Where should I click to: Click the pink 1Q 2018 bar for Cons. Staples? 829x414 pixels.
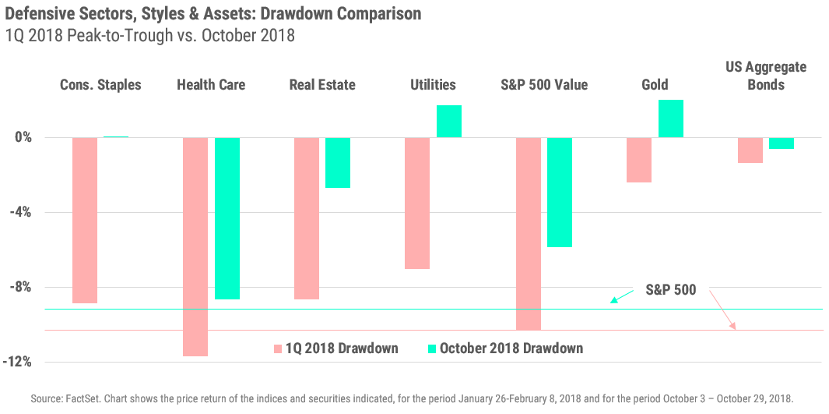pyautogui.click(x=85, y=220)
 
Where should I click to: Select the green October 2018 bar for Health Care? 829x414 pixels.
pyautogui.click(x=227, y=218)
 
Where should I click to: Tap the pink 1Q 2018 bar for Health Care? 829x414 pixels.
pyautogui.click(x=195, y=246)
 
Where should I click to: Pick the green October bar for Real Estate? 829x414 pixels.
pyautogui.click(x=338, y=162)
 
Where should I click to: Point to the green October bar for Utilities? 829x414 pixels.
pyautogui.click(x=449, y=121)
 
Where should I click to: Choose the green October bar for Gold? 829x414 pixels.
pyautogui.click(x=671, y=119)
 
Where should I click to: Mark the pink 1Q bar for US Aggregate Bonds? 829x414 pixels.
pyautogui.click(x=750, y=150)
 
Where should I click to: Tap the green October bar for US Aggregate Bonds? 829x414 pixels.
pyautogui.click(x=782, y=143)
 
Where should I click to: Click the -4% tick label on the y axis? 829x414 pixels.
pyautogui.click(x=19, y=212)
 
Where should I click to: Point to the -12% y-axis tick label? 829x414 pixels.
pyautogui.click(x=17, y=362)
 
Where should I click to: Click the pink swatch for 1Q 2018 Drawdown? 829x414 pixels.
pyautogui.click(x=278, y=349)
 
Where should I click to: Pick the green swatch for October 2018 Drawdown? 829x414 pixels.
pyautogui.click(x=432, y=349)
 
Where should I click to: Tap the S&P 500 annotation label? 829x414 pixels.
pyautogui.click(x=671, y=290)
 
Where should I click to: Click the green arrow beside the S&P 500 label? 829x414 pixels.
pyautogui.click(x=622, y=297)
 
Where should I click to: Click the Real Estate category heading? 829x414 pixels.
pyautogui.click(x=321, y=84)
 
